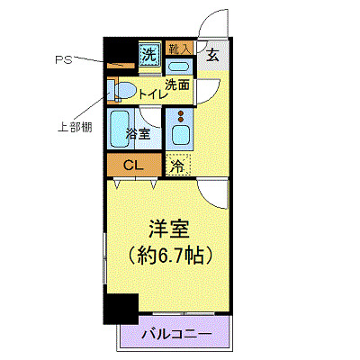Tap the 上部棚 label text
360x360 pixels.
click(x=73, y=126)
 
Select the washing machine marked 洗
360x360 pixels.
click(x=148, y=53)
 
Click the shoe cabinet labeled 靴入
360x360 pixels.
click(x=179, y=49)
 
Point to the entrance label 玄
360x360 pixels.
click(x=212, y=54)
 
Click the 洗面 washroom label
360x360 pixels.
click(x=177, y=85)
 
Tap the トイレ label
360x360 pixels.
click(x=150, y=92)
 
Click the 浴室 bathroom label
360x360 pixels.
click(x=138, y=134)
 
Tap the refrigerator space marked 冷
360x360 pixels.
click(x=178, y=165)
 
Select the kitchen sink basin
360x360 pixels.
click(x=180, y=138)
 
